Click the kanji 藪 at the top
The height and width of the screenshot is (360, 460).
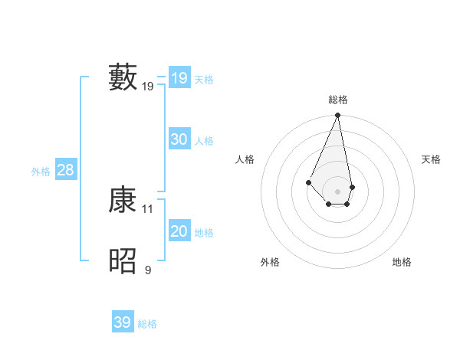coord(123,77)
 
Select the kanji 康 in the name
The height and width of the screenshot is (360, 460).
coord(123,200)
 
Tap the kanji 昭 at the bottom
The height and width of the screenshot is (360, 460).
coord(123,261)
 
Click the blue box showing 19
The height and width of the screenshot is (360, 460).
coord(179,78)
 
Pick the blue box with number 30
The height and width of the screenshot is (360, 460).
coord(179,139)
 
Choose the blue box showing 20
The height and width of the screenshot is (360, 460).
coord(179,231)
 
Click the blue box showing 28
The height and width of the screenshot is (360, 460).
coord(65,170)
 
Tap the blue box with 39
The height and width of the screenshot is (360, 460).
coord(122,322)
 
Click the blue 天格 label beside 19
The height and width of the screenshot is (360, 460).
coord(204,79)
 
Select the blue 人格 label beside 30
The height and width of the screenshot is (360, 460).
coord(204,140)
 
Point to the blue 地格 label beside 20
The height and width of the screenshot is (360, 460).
coord(204,232)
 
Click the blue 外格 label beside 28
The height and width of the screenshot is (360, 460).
coord(41,172)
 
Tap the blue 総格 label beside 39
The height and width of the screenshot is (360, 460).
coord(147,324)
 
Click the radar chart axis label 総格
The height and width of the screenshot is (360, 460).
coord(338,100)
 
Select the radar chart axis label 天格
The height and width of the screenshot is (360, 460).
coord(432,159)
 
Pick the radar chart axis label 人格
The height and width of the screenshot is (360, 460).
coord(245,159)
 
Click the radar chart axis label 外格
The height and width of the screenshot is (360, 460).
coord(270,262)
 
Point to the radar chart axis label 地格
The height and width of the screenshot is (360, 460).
coord(402,262)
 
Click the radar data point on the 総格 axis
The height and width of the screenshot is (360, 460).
coord(338,116)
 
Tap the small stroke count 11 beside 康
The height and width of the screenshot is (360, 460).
coord(148,208)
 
